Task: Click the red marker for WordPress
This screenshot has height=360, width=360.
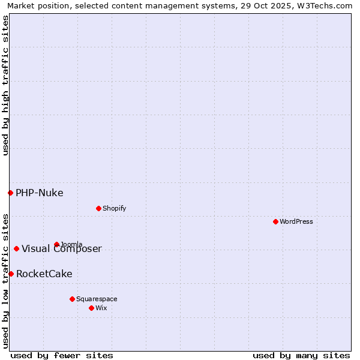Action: (x=275, y=221)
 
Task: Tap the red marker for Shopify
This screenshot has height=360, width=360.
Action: (x=98, y=208)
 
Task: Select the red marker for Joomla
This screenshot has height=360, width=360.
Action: (x=56, y=244)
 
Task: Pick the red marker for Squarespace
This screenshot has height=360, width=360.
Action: (x=72, y=299)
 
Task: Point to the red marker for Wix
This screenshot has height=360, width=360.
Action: (x=91, y=308)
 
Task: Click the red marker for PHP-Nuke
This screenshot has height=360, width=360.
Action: (x=10, y=193)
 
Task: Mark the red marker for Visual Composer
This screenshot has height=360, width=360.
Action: (x=16, y=248)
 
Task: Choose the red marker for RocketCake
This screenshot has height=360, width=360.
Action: (x=11, y=274)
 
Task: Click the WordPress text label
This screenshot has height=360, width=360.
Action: (x=296, y=221)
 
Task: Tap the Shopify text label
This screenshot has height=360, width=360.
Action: (x=114, y=208)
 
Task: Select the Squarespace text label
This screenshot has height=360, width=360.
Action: (x=97, y=299)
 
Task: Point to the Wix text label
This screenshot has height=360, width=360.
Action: (x=101, y=308)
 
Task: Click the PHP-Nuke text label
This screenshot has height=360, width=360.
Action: (x=40, y=193)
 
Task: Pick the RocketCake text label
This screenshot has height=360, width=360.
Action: (x=44, y=274)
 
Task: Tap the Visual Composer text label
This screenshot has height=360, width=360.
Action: (x=62, y=249)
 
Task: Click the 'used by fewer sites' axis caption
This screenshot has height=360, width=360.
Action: (x=62, y=355)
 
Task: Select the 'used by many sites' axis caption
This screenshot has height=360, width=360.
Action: (x=301, y=355)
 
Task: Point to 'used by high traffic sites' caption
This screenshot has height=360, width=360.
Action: (x=5, y=85)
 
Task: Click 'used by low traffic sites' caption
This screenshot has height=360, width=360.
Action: (x=5, y=280)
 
